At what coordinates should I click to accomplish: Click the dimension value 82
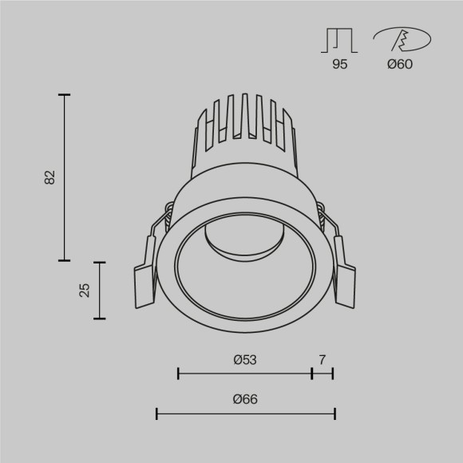(x=49, y=177)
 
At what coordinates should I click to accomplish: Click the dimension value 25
(x=85, y=290)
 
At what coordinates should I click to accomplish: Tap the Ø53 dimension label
(x=244, y=360)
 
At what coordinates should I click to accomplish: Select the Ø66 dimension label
(x=245, y=400)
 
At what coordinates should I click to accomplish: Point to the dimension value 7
(x=322, y=360)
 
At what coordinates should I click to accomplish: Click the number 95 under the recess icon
(x=340, y=65)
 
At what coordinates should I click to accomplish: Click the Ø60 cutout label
(x=400, y=65)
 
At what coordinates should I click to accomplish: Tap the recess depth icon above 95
(x=340, y=39)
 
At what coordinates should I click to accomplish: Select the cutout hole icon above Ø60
(x=402, y=39)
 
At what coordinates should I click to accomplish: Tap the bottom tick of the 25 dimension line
(x=100, y=319)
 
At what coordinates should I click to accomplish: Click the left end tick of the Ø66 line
(x=157, y=414)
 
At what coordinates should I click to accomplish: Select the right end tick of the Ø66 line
(x=334, y=414)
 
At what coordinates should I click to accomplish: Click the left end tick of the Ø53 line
(x=178, y=373)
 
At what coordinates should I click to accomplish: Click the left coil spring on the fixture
(x=168, y=213)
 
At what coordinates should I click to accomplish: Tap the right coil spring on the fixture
(x=321, y=215)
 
